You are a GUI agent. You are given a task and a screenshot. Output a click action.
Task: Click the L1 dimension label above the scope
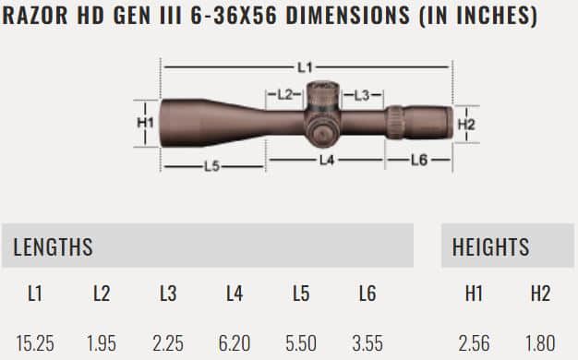point(307,66)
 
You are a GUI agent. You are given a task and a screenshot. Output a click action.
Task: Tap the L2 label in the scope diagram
point(284,94)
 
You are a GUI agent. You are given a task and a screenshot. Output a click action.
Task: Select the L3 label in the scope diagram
point(361,94)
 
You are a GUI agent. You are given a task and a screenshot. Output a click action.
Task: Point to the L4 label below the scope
point(326,160)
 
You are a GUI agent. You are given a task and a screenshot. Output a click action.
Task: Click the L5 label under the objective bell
point(211,166)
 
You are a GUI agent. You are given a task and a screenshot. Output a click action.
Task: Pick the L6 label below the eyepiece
point(417,160)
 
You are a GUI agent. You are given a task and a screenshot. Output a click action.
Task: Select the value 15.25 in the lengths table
point(34,343)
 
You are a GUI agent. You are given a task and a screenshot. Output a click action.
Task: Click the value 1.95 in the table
point(102,343)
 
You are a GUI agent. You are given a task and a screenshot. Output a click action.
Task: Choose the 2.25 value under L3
point(168,343)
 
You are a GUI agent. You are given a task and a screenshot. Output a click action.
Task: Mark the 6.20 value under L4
point(235,343)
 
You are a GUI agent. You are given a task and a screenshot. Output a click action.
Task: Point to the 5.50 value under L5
point(301,343)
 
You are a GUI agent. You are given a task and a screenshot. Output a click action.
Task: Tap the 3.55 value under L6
point(367,343)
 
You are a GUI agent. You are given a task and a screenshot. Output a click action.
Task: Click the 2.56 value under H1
point(474,343)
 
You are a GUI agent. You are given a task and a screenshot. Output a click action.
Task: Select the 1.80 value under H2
point(540,343)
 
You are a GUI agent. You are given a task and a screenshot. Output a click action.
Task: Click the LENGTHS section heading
point(54,246)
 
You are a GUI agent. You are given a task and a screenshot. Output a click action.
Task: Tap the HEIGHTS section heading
point(490,246)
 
